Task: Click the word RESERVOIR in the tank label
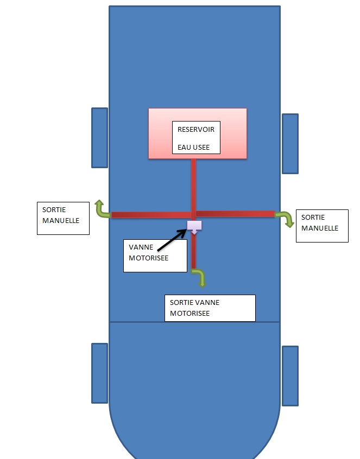point(195,130)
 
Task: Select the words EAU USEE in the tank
point(193,147)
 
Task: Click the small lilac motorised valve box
point(194,225)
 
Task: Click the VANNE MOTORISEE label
point(148,252)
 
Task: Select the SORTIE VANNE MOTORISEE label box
point(210,308)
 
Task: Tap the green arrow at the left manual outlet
point(100,209)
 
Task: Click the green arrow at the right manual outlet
point(286,218)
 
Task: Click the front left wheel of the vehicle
point(99,137)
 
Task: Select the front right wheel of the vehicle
point(290,144)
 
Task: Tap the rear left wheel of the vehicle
point(99,373)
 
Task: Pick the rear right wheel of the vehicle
point(290,375)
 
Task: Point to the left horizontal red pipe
point(149,215)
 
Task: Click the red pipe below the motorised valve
point(194,252)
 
